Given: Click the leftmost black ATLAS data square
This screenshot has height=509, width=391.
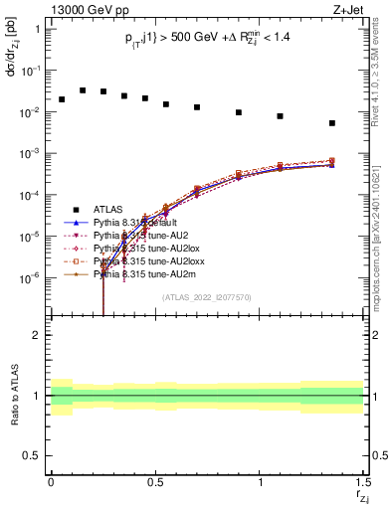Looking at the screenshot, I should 62,99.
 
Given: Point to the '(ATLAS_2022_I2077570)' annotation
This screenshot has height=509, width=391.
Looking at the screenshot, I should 207,296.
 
